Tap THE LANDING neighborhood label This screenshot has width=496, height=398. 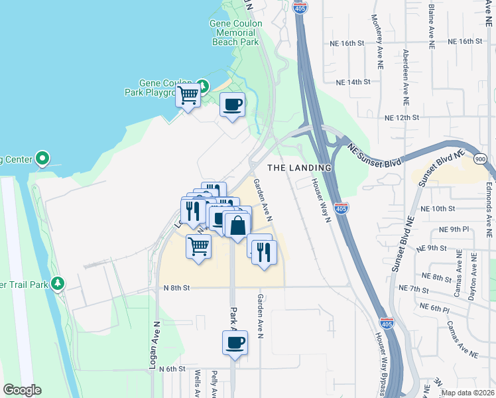pos(299,167)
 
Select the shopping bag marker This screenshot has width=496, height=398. pos(237,225)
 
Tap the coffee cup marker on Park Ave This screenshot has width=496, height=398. pos(234,343)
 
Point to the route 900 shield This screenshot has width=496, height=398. pos(479,158)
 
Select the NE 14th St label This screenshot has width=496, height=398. pos(352,82)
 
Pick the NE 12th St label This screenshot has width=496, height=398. pos(402,117)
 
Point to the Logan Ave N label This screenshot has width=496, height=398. pos(157,340)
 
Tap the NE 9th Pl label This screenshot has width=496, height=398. pos(453,230)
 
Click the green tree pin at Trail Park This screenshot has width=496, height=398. pos(58,284)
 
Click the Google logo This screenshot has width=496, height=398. pos(22,390)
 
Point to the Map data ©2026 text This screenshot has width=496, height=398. pos(467,393)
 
